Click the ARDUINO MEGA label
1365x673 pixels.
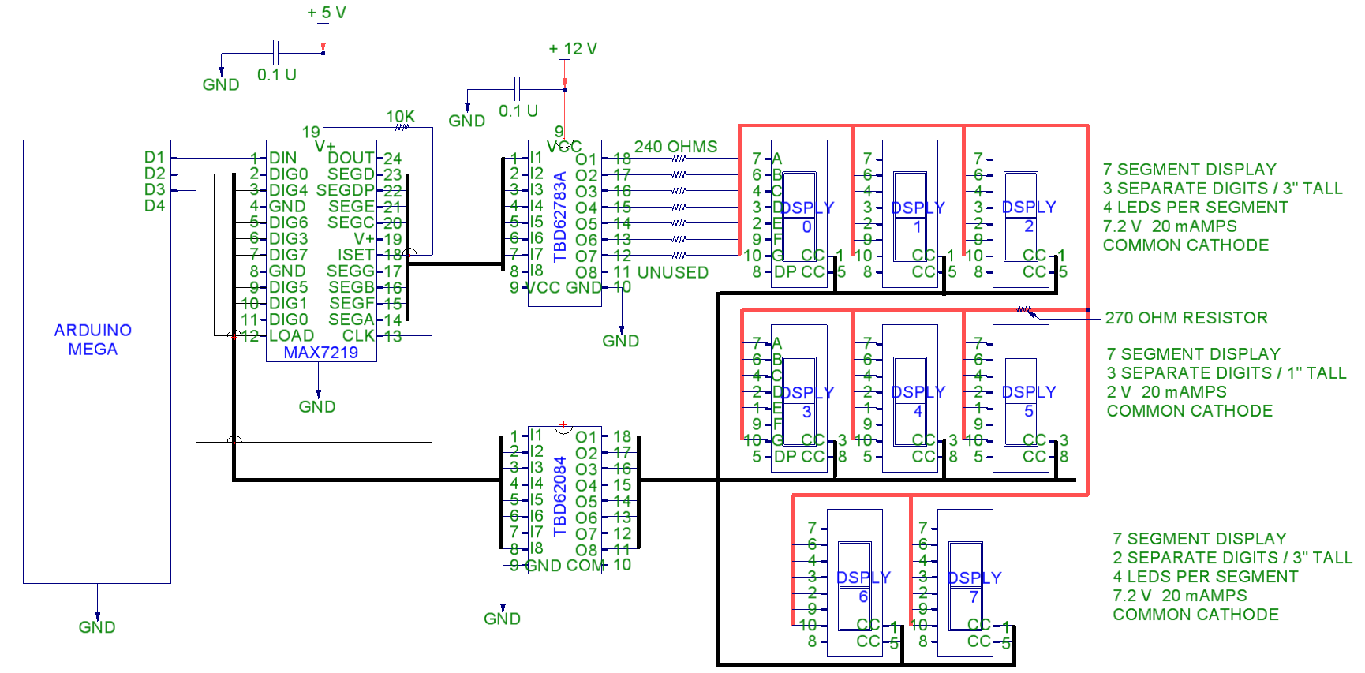coord(92,339)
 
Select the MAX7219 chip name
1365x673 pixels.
coord(320,353)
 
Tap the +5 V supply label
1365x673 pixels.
coord(327,13)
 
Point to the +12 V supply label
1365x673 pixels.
coord(573,49)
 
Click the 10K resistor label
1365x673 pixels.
coord(400,117)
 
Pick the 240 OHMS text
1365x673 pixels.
coord(675,147)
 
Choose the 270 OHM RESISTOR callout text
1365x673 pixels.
coord(1186,318)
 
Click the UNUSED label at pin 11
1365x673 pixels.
coord(672,272)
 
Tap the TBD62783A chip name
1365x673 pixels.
coord(560,216)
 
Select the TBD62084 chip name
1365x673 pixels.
coord(560,495)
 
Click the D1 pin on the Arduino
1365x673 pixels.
coord(155,157)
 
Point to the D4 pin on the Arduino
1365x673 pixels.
coord(155,206)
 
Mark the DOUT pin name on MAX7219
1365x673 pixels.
coord(350,158)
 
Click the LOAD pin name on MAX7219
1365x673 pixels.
coord(291,335)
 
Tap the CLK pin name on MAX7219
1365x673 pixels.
coord(358,335)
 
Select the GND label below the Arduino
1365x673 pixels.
coord(97,627)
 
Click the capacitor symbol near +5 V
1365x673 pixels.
coord(275,53)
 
